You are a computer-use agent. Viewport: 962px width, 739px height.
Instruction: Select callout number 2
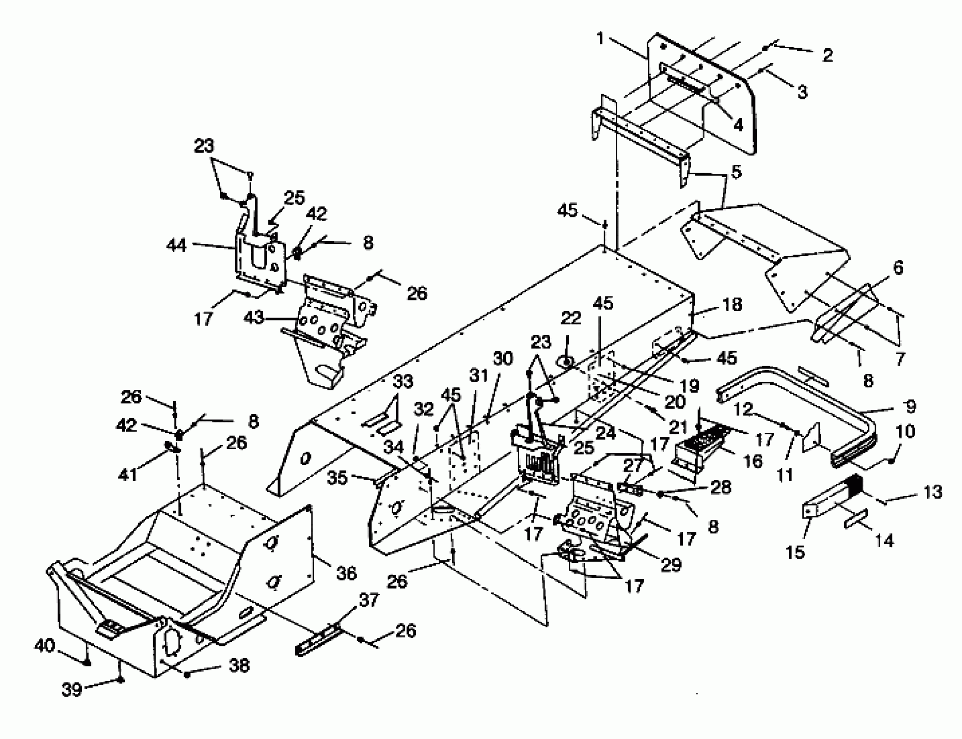827,56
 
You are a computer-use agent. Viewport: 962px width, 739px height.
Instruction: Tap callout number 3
802,92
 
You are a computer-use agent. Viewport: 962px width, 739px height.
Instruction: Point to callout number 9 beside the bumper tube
910,406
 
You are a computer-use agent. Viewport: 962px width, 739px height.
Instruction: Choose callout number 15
796,552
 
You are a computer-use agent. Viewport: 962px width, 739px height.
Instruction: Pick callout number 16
753,461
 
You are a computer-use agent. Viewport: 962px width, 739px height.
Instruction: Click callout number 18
732,304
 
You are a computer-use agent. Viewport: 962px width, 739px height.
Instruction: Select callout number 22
571,318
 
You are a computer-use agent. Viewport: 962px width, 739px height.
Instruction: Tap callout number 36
346,573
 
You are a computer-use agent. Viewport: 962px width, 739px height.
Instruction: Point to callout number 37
369,600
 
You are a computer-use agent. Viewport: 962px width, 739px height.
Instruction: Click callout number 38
239,666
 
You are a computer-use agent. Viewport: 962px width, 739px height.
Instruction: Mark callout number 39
72,689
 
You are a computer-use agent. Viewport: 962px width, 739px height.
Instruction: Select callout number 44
177,245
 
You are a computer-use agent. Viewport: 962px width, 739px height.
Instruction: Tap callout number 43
254,317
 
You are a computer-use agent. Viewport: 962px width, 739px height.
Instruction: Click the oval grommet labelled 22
567,362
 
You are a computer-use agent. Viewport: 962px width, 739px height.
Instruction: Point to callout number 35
337,478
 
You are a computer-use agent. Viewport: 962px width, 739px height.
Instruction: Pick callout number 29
671,565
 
